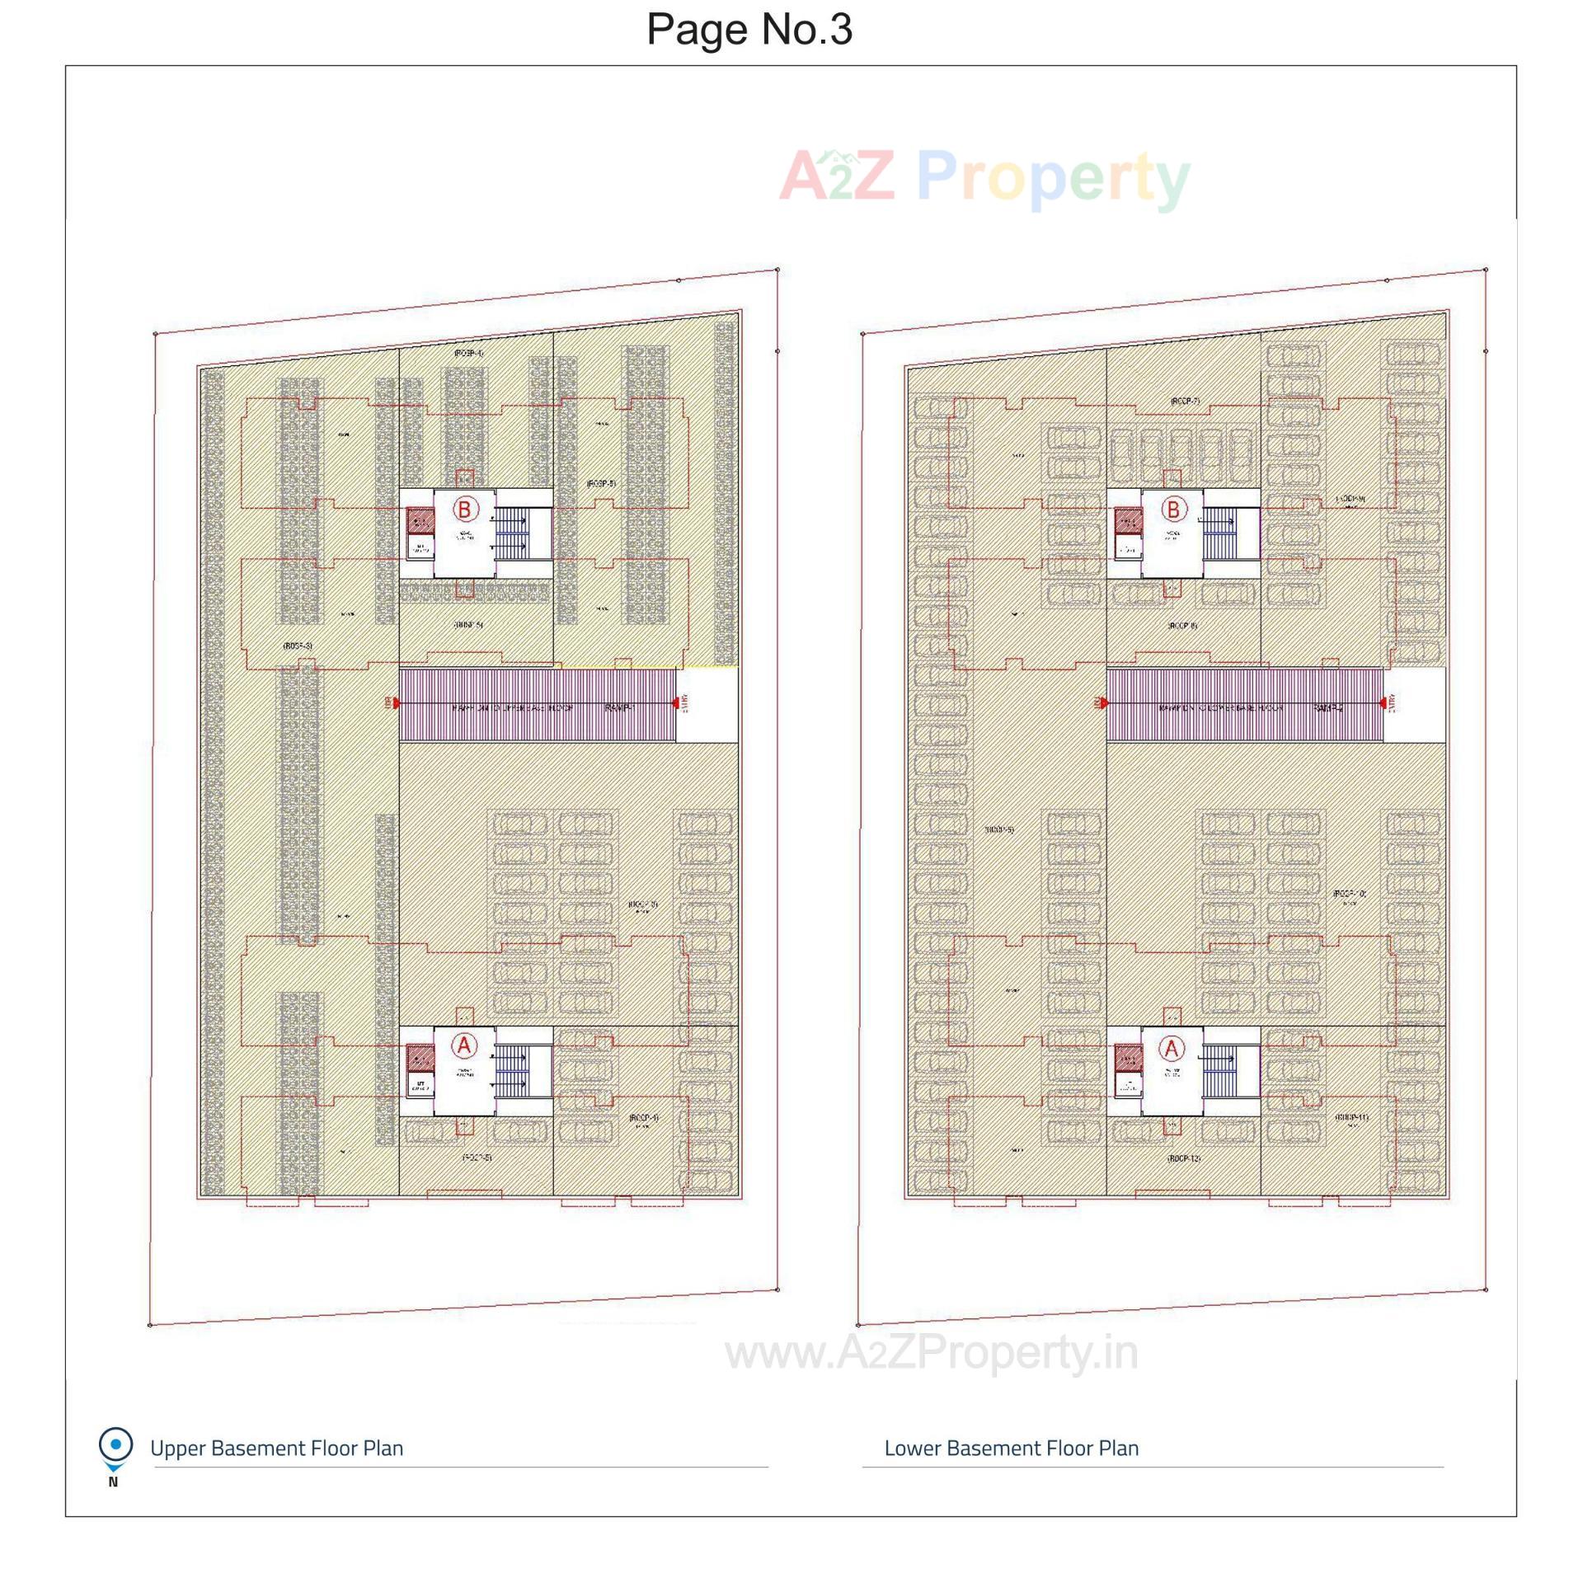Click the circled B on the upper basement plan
[464, 510]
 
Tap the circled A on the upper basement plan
[464, 1046]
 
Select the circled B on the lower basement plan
[1173, 510]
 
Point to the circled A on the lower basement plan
[1172, 1049]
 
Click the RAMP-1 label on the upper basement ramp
[619, 707]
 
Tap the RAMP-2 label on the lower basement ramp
[1328, 707]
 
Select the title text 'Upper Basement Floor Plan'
[276, 1449]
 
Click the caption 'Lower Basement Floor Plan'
[1011, 1449]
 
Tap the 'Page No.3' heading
[749, 30]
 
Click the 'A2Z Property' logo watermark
[984, 176]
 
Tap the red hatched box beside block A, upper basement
[420, 1058]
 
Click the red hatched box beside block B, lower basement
[1128, 520]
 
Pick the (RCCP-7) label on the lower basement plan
[1184, 402]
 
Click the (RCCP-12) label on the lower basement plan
[1183, 1158]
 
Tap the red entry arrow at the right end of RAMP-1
[676, 703]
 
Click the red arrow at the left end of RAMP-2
[1104, 703]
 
